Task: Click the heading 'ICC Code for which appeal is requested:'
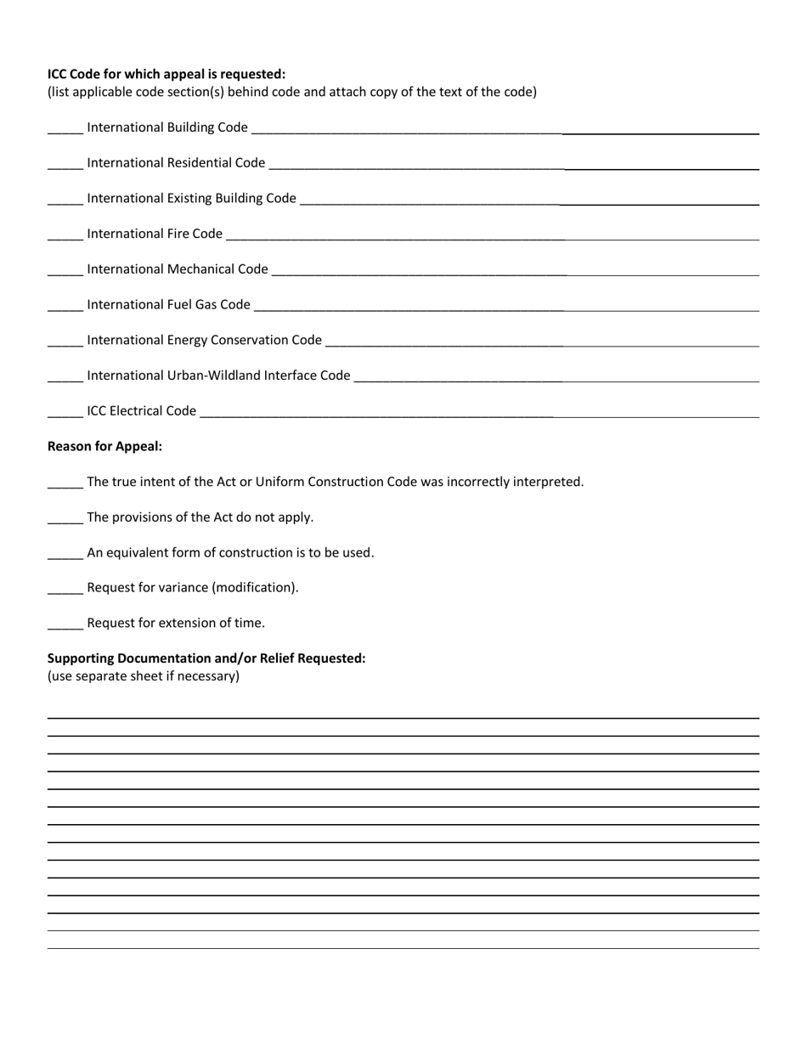(x=166, y=74)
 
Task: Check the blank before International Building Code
(x=65, y=128)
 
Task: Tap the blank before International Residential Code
(x=65, y=164)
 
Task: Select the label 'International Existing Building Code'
(x=191, y=198)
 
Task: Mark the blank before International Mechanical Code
(x=65, y=270)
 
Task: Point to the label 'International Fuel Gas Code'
(x=168, y=304)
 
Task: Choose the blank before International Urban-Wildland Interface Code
(x=65, y=376)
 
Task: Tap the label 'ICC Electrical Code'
(x=141, y=410)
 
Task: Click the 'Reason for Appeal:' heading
(x=104, y=446)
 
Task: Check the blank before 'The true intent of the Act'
(x=65, y=483)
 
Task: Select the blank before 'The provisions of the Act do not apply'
(x=65, y=519)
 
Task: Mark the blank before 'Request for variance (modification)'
(x=65, y=590)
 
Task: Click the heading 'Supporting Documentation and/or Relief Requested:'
(x=206, y=658)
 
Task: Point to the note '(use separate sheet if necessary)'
(x=144, y=676)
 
